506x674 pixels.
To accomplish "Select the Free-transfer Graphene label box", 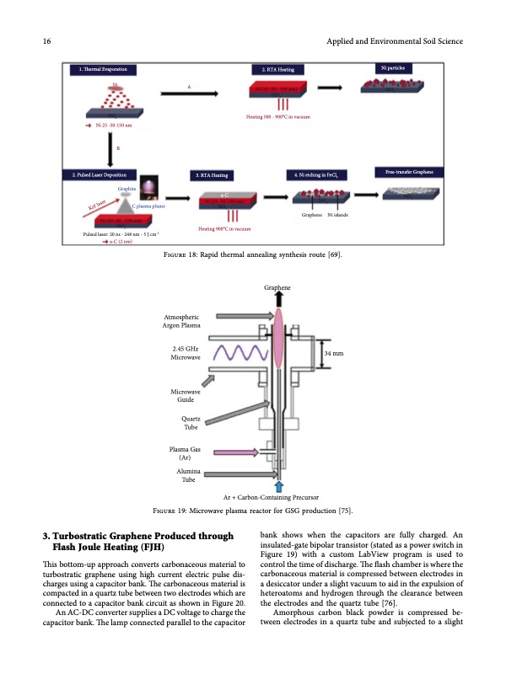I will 407,173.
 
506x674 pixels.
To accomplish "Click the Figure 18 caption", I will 252,255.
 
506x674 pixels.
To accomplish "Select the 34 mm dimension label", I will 333,354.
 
